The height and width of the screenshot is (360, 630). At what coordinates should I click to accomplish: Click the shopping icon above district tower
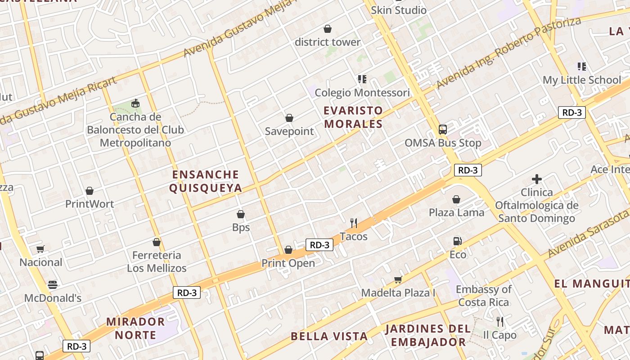tap(328, 29)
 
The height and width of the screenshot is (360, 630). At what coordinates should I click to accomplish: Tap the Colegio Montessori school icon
tap(362, 79)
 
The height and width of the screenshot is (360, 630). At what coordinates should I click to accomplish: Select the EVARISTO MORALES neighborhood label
tap(353, 117)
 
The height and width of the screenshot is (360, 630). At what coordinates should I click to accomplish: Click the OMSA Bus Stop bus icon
tap(443, 130)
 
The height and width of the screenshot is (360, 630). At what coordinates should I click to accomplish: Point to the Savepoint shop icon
tap(289, 118)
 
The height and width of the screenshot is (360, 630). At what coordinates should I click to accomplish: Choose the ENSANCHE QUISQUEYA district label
tap(206, 181)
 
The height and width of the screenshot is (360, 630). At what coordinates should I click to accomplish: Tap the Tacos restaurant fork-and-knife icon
tap(354, 223)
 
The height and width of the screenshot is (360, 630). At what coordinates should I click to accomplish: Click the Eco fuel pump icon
tap(458, 241)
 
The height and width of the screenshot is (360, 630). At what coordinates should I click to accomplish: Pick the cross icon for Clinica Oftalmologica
tap(536, 179)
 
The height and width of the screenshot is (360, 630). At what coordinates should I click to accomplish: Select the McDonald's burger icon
tap(53, 284)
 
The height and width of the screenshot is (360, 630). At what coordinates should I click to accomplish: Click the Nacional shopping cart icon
tap(40, 249)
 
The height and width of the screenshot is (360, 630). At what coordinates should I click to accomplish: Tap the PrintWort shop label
tap(90, 204)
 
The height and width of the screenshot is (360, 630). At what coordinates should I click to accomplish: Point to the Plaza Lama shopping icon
tap(456, 199)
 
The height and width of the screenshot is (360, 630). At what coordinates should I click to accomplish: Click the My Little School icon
tap(582, 67)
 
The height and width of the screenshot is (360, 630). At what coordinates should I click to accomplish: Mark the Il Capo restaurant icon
tap(499, 322)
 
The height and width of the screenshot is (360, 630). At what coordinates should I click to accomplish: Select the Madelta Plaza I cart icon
tap(398, 280)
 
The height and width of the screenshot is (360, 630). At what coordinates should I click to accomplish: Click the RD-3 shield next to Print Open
tap(319, 245)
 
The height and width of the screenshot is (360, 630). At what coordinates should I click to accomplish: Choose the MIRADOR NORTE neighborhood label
tap(135, 328)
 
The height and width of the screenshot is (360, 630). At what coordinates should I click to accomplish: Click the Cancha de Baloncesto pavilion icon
tap(135, 103)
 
